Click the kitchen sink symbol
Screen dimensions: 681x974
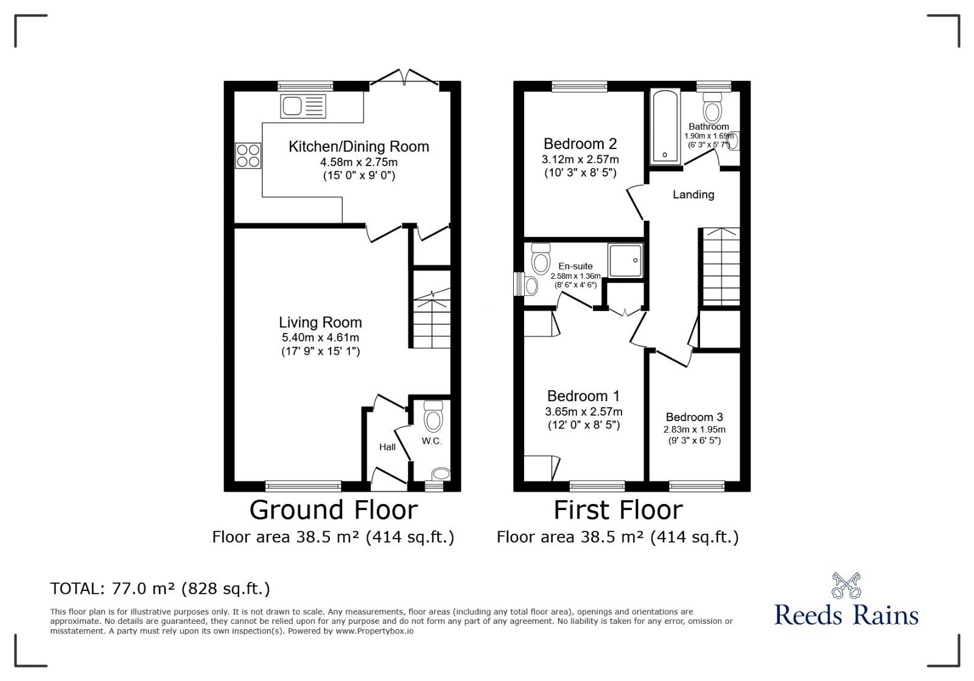(303, 107)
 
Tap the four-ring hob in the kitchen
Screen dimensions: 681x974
(248, 155)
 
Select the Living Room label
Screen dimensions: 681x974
(320, 323)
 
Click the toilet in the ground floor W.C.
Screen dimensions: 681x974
(433, 417)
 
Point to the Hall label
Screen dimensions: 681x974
(387, 447)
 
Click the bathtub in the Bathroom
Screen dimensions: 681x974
(664, 127)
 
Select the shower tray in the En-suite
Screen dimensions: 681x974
(625, 260)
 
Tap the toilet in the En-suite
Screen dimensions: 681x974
(540, 260)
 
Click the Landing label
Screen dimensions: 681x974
(693, 195)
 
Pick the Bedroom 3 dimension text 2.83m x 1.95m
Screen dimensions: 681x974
(694, 430)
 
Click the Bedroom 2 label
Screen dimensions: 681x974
(580, 144)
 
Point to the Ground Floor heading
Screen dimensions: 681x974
(334, 510)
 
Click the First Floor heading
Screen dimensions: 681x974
(618, 510)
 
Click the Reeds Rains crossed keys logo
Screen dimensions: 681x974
(846, 585)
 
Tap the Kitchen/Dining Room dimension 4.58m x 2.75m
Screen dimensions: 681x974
(359, 162)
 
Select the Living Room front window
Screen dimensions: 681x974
(303, 486)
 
